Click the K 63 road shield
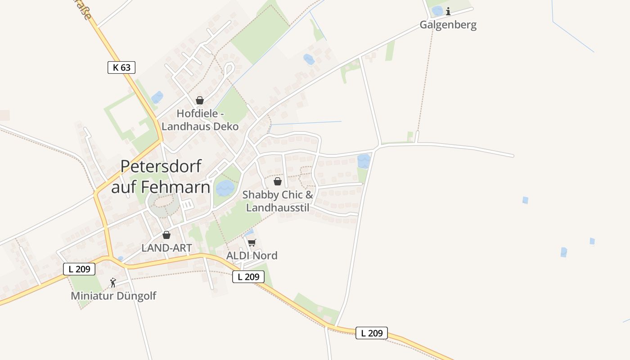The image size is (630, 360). [121, 67]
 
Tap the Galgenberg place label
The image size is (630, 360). [448, 25]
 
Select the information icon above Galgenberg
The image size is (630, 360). [448, 11]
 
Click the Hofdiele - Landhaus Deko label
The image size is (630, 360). [200, 120]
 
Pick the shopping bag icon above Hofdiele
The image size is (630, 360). [200, 100]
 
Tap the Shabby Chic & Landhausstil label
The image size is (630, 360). [278, 201]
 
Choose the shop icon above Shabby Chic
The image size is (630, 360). [278, 181]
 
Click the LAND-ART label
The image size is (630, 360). [166, 248]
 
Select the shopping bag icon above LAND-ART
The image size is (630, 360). [166, 235]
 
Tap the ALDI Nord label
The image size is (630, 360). [252, 256]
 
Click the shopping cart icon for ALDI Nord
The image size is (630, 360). [252, 243]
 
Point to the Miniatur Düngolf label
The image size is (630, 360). [113, 296]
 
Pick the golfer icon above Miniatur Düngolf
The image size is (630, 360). [113, 283]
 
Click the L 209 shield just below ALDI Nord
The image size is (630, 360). [248, 277]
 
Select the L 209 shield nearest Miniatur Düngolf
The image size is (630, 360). [79, 269]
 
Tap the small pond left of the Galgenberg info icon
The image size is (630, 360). [437, 11]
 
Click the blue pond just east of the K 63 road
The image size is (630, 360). [157, 97]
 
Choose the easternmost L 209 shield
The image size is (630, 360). [372, 333]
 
